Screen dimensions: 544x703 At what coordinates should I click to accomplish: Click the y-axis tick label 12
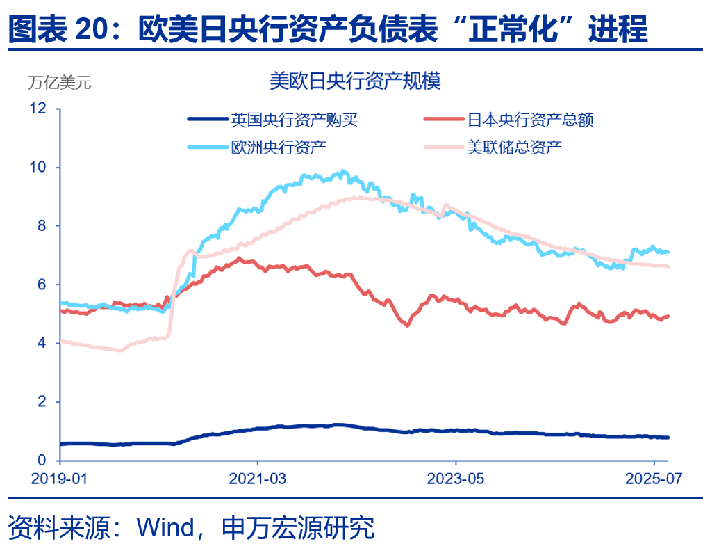(x=38, y=109)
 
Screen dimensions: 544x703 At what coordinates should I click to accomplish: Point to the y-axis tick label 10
(x=38, y=168)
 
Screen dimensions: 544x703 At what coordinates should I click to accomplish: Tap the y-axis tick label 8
(x=42, y=226)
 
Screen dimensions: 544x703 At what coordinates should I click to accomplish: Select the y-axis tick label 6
(x=42, y=285)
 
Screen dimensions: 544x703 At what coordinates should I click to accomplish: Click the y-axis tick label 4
(x=42, y=344)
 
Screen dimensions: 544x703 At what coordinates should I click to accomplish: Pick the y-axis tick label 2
(x=42, y=402)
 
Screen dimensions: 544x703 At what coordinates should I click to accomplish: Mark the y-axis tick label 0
(x=42, y=461)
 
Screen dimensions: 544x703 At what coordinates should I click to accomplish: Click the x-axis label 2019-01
(x=60, y=480)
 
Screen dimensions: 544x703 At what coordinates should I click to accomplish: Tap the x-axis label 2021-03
(x=258, y=480)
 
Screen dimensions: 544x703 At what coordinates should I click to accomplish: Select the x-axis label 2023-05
(x=456, y=480)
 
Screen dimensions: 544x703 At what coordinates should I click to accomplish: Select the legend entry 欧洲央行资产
(x=279, y=147)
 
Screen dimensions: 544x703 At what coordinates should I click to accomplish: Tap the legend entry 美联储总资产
(x=514, y=147)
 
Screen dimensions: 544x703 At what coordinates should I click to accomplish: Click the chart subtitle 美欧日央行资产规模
(x=355, y=82)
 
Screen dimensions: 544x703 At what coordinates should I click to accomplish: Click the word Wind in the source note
(x=166, y=527)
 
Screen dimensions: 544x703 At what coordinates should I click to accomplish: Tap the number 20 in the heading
(x=92, y=30)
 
